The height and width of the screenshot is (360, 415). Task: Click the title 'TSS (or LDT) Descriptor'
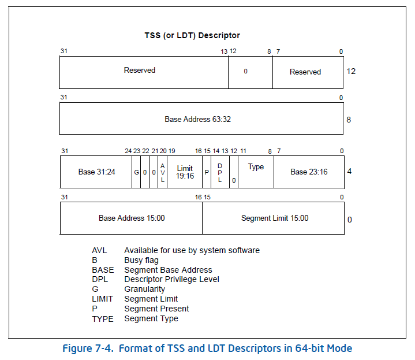click(x=192, y=36)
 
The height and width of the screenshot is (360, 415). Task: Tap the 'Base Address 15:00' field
click(x=132, y=218)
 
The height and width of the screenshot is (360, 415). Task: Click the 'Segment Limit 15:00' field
click(x=274, y=218)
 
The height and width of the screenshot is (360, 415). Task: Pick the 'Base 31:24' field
click(x=96, y=172)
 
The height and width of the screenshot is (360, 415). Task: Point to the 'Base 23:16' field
click(x=309, y=172)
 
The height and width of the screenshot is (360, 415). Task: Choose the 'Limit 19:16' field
click(x=185, y=172)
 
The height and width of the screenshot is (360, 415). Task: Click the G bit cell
click(x=136, y=172)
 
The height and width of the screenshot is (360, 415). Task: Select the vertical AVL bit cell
click(x=163, y=172)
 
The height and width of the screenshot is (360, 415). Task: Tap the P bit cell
click(x=207, y=172)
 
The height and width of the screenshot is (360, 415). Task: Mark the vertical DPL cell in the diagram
click(x=220, y=172)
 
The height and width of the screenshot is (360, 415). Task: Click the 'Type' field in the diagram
click(x=256, y=167)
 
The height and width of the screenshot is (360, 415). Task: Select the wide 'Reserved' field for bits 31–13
click(x=140, y=70)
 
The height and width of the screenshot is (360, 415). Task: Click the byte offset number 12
click(x=351, y=71)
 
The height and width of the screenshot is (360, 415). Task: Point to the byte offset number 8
click(x=349, y=120)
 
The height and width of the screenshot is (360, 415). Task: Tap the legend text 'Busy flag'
click(x=141, y=260)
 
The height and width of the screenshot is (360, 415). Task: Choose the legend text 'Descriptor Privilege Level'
click(x=171, y=280)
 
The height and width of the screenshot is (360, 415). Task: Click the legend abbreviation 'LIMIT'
click(x=102, y=299)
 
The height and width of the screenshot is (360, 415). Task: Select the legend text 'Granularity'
click(x=144, y=290)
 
